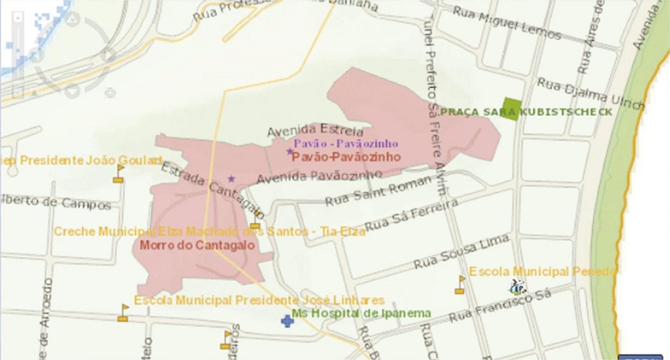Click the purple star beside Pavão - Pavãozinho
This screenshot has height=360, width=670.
[289, 151]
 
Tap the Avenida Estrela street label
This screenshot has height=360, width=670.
[315, 131]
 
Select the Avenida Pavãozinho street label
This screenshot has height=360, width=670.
[307, 177]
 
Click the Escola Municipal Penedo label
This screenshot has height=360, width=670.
[543, 272]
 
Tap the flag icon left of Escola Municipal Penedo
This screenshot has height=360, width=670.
[460, 284]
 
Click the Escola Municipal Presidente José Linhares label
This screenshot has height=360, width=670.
[259, 301]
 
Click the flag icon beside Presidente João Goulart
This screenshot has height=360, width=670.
[119, 173]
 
